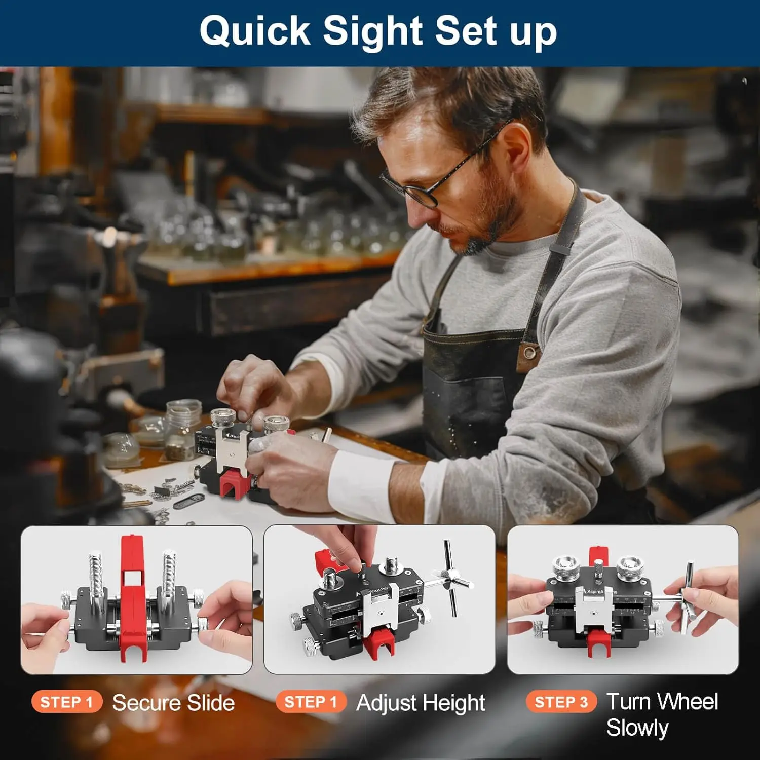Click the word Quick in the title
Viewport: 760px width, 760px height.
click(x=254, y=32)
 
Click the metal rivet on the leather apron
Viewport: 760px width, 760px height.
click(x=529, y=352)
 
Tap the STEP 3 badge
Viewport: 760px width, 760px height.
click(x=561, y=702)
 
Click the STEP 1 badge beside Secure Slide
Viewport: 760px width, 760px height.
click(x=67, y=702)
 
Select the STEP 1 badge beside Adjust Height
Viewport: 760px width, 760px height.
click(x=311, y=702)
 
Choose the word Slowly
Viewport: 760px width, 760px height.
click(x=637, y=729)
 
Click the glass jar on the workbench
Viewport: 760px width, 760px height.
click(x=183, y=429)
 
